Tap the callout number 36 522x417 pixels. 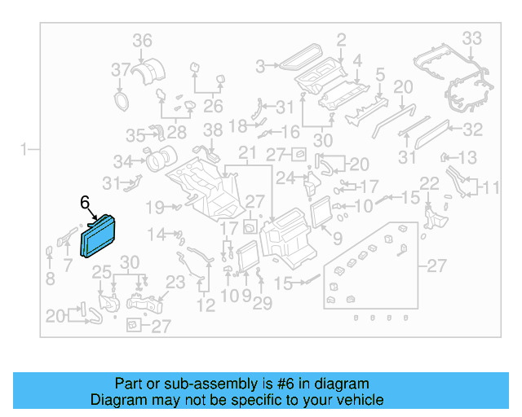point(142,41)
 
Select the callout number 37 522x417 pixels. point(121,68)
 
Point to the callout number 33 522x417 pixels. point(471,37)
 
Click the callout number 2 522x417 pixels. point(341,38)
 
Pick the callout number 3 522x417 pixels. point(261,66)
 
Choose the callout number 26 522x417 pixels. point(213,106)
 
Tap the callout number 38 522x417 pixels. point(212,130)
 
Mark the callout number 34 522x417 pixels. point(123,160)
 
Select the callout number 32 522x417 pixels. point(473,129)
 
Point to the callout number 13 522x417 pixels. point(467,157)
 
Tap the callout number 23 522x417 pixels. point(176,283)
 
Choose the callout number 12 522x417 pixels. point(206,305)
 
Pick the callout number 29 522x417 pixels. point(261,305)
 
